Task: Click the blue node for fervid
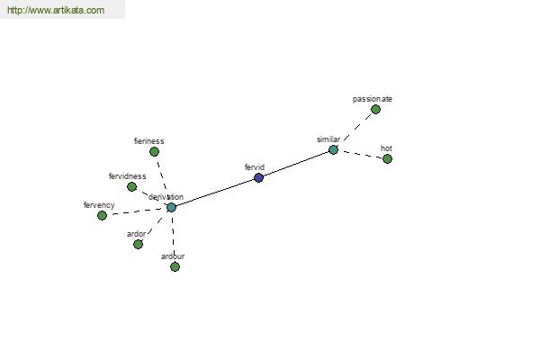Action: (x=258, y=178)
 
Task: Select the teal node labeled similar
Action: (x=333, y=150)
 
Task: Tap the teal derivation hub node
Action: (x=171, y=207)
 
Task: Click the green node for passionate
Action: (x=375, y=110)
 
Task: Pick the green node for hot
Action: (x=387, y=158)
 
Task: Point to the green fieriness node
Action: (x=154, y=151)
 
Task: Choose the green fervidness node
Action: (x=131, y=186)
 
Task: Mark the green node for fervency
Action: (x=102, y=216)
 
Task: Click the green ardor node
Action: (x=138, y=244)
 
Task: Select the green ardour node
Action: (x=175, y=266)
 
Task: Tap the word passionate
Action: (x=373, y=99)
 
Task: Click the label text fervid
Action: (x=255, y=167)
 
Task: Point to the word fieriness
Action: (x=148, y=141)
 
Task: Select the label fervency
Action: (x=99, y=205)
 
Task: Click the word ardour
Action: (x=173, y=256)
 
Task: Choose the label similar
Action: (x=328, y=139)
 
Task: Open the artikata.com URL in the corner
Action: (x=56, y=10)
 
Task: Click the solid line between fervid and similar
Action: (x=296, y=164)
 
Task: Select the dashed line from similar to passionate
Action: (x=358, y=127)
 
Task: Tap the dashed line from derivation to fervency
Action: (x=137, y=211)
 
